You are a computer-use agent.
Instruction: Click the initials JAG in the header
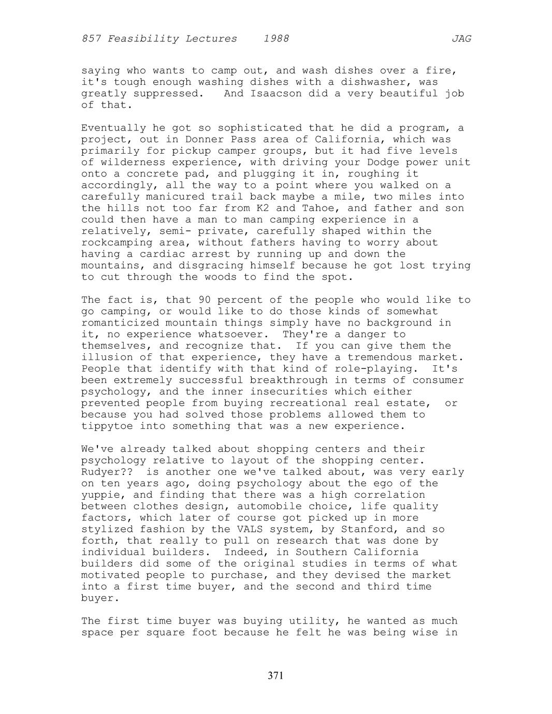pos(461,39)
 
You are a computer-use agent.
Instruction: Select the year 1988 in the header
pos(276,39)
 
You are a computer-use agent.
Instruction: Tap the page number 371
pos(275,675)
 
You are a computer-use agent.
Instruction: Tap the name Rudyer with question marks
pos(107,472)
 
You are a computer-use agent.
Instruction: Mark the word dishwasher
pos(370,82)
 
